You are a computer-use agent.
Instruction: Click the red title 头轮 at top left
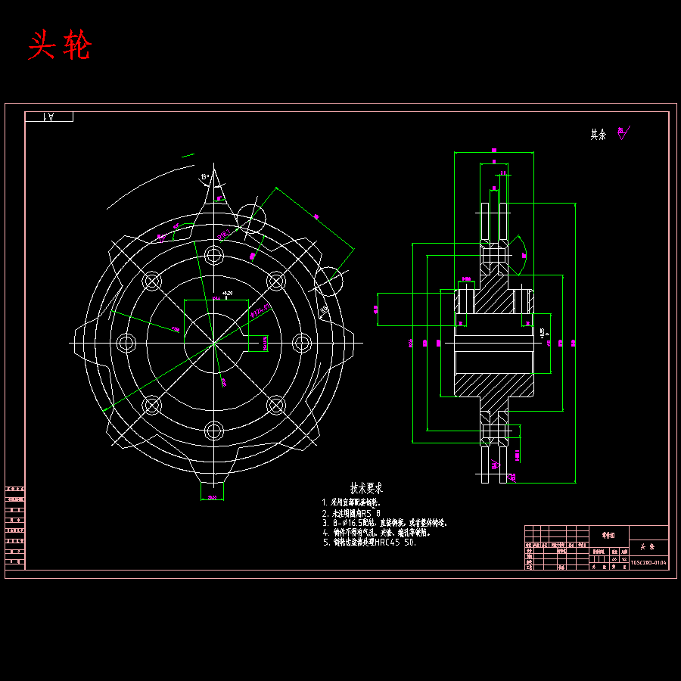pyautogui.click(x=59, y=47)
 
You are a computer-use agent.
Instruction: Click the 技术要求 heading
pyautogui.click(x=366, y=488)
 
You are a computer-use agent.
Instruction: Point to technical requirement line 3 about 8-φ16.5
pyautogui.click(x=384, y=523)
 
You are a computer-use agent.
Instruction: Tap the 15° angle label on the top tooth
pyautogui.click(x=204, y=178)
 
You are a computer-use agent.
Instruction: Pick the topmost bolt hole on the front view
pyautogui.click(x=214, y=255)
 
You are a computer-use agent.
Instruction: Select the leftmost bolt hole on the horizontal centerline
pyautogui.click(x=126, y=344)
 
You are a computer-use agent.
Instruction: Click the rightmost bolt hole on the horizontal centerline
pyautogui.click(x=302, y=344)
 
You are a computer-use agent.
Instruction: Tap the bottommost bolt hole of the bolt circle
pyautogui.click(x=214, y=432)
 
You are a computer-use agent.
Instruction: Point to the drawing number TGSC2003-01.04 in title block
pyautogui.click(x=648, y=563)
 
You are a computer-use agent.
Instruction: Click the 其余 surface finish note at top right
pyautogui.click(x=598, y=135)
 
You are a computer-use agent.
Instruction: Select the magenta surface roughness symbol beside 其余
pyautogui.click(x=623, y=133)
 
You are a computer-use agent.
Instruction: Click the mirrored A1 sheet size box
pyautogui.click(x=49, y=117)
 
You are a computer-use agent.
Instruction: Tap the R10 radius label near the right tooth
pyautogui.click(x=324, y=309)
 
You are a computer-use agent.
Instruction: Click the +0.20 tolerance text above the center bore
pyautogui.click(x=225, y=293)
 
